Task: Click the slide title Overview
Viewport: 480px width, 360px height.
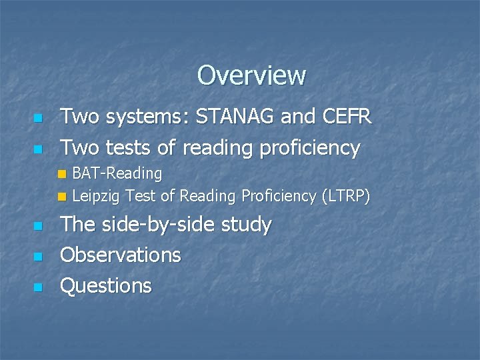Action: (251, 75)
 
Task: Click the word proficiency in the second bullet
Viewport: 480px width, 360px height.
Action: (309, 148)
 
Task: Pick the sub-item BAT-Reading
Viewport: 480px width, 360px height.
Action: (117, 174)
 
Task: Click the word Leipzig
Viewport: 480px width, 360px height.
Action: (96, 196)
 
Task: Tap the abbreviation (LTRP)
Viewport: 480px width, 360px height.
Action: (345, 196)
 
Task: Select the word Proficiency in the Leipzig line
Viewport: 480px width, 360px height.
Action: (279, 196)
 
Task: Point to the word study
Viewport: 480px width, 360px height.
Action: (246, 225)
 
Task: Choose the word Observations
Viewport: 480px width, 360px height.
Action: (121, 255)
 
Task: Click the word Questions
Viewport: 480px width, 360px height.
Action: (106, 286)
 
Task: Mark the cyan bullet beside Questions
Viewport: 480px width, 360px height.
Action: (38, 287)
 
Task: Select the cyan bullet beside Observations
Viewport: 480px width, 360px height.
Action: (38, 256)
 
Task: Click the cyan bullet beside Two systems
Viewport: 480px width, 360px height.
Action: (38, 119)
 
